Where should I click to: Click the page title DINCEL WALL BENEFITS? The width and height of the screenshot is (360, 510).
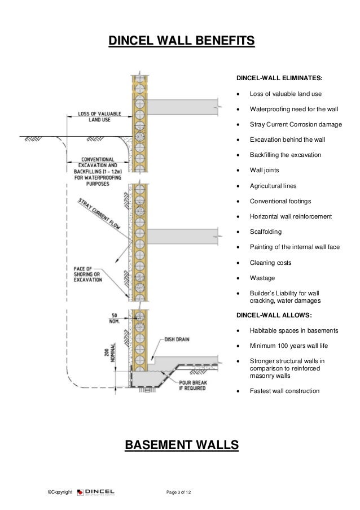(181, 41)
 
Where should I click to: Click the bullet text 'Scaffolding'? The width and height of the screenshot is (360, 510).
(267, 232)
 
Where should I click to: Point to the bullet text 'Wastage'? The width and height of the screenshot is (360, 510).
(263, 278)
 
